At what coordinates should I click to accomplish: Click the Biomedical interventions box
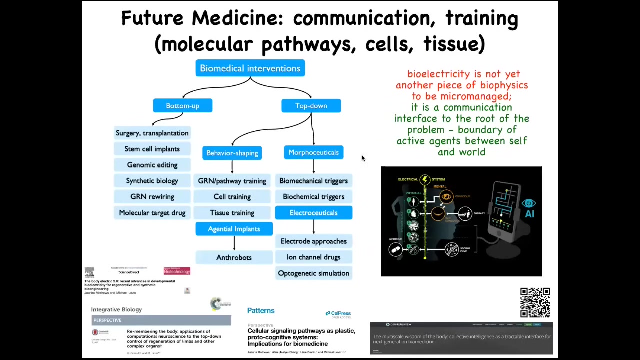[x=250, y=68]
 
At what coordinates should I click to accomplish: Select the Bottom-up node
[x=182, y=106]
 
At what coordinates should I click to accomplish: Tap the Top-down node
[x=311, y=106]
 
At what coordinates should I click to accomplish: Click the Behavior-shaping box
[x=232, y=153]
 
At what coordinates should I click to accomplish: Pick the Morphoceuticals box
[x=313, y=152]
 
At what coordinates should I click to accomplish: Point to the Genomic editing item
[x=152, y=165]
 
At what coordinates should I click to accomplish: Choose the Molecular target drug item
[x=152, y=213]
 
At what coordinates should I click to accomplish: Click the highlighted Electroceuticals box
[x=313, y=213]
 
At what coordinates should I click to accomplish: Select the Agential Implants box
[x=234, y=229]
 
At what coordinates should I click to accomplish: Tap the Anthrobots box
[x=234, y=257]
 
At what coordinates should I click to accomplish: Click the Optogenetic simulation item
[x=313, y=273]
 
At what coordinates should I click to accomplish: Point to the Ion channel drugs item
[x=313, y=257]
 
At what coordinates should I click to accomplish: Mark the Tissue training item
[x=232, y=213]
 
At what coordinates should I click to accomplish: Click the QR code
[x=535, y=302]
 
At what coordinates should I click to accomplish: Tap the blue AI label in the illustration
[x=529, y=214]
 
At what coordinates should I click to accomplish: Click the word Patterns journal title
[x=261, y=310]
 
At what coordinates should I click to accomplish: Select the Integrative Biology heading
[x=116, y=309]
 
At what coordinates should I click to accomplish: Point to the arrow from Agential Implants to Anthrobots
[x=234, y=243]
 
